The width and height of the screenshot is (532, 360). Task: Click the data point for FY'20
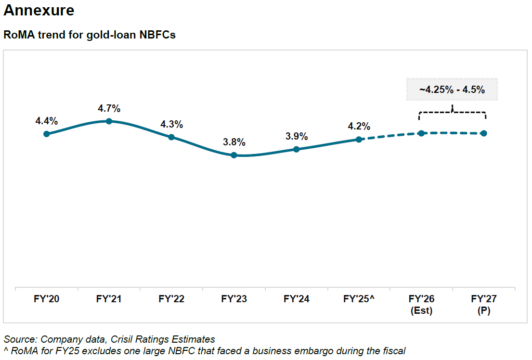(x=47, y=134)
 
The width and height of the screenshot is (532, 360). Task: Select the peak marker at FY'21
(x=109, y=121)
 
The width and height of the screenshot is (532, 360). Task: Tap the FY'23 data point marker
(x=234, y=155)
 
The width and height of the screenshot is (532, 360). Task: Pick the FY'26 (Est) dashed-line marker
(x=421, y=133)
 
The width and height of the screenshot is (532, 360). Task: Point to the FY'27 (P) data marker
(x=484, y=133)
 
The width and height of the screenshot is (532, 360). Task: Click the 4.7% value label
(x=109, y=108)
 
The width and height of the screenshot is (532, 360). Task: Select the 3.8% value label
(x=234, y=142)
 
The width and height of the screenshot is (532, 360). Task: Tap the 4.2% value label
(x=359, y=127)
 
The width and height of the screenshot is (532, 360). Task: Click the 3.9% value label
(x=297, y=136)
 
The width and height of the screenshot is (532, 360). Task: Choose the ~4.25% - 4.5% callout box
(x=452, y=90)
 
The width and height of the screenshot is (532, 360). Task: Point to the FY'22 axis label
(x=171, y=299)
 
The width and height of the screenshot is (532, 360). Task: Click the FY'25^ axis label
(x=359, y=299)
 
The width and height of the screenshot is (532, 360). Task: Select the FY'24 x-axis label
(x=297, y=299)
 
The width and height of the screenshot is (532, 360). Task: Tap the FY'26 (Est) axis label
(x=421, y=305)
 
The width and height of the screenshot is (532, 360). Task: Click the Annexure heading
(x=39, y=11)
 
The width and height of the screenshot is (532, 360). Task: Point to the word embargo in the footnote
(x=303, y=350)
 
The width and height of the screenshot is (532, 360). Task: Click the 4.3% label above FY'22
(x=171, y=124)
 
